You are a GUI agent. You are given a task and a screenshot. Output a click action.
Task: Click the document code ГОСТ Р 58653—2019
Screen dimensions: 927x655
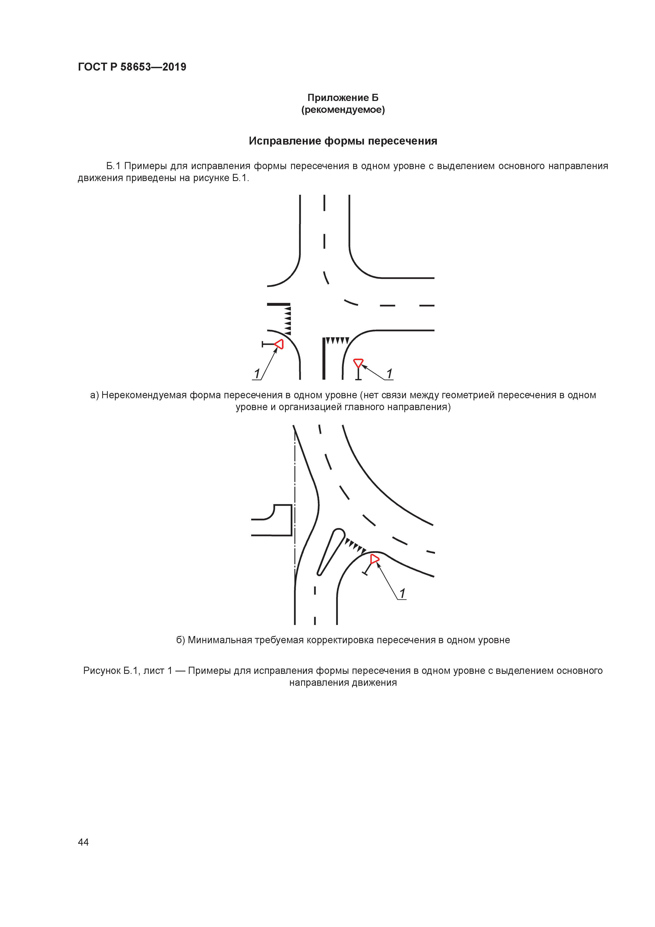pyautogui.click(x=132, y=67)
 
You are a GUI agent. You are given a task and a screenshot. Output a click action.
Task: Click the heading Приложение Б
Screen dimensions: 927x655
pyautogui.click(x=343, y=98)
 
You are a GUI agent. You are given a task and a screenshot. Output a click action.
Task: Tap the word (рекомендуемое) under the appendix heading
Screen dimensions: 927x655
pyautogui.click(x=343, y=110)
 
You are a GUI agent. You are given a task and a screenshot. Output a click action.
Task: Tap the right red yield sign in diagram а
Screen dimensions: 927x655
pyautogui.click(x=358, y=363)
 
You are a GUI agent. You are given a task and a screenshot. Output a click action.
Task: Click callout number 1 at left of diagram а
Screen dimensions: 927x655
pyautogui.click(x=257, y=373)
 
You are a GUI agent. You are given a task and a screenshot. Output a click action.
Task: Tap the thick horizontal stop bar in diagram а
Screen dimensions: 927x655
pyautogui.click(x=278, y=304)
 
